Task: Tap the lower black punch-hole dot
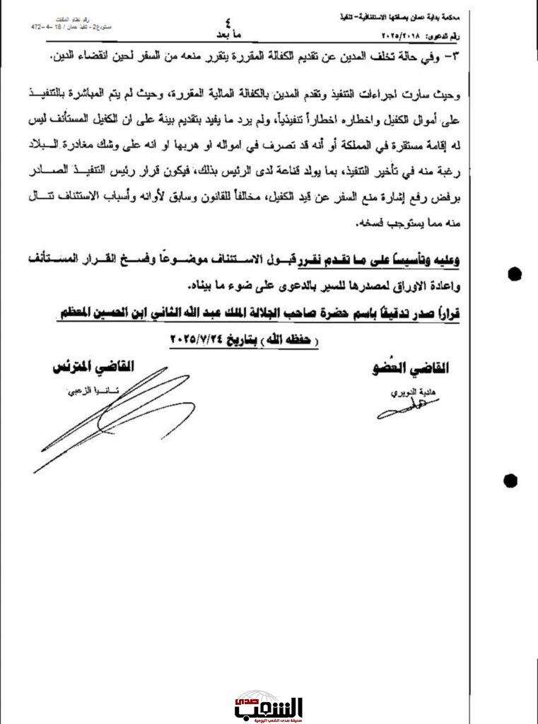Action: [510, 481]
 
